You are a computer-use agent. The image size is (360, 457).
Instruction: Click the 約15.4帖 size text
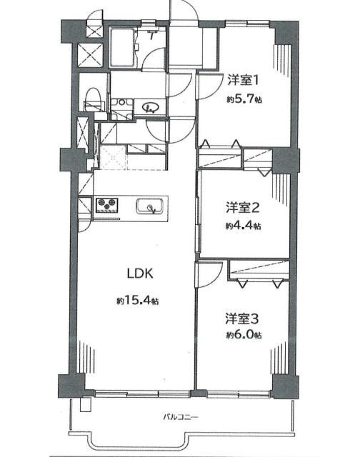138,300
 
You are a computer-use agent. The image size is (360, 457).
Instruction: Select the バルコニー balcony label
180,417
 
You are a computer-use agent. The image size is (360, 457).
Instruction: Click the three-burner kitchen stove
109,206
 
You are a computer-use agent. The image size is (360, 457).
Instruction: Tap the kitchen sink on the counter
151,207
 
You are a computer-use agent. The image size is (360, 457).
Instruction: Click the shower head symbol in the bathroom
153,34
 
